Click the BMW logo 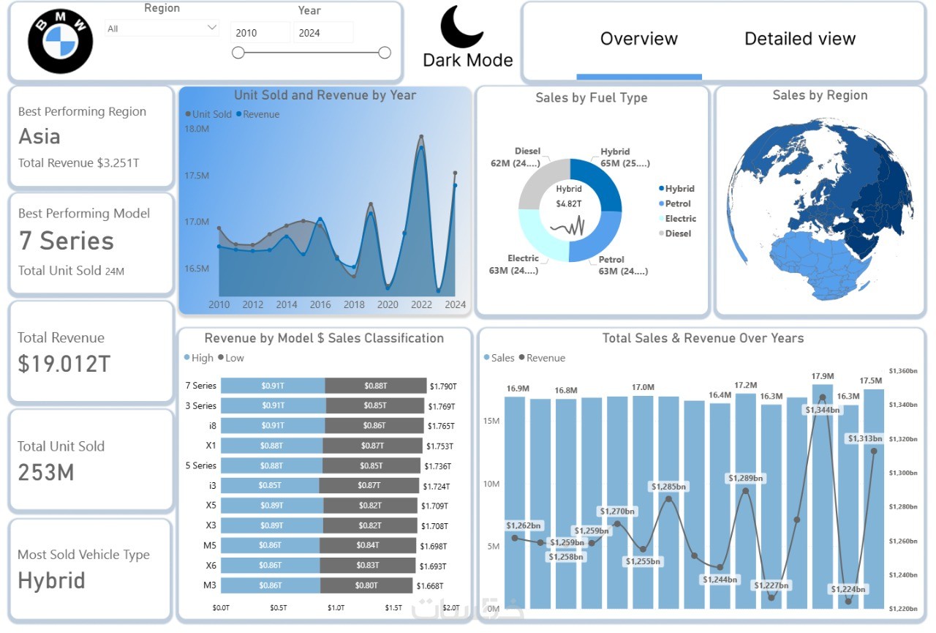(61, 41)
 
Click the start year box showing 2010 (260, 33)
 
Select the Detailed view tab (799, 39)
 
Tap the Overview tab (638, 39)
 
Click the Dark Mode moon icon (461, 26)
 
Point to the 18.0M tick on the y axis (197, 129)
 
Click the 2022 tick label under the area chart (422, 304)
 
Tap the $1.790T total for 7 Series (442, 386)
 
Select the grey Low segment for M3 (367, 585)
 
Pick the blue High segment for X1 (271, 446)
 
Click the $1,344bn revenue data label (823, 410)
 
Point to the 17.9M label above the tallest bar (823, 376)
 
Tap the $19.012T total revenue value (64, 364)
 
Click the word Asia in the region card (39, 137)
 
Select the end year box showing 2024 (323, 33)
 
